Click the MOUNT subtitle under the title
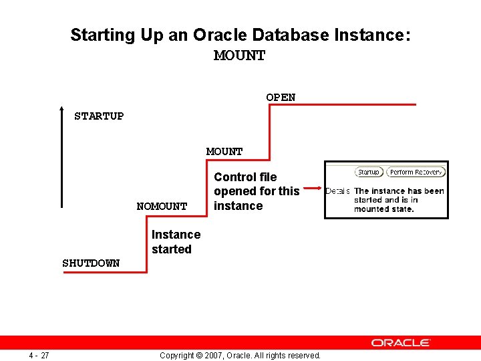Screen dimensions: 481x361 239,55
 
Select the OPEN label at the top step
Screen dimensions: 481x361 281,98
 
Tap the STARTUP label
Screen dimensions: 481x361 99,116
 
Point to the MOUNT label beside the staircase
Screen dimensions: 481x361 224,152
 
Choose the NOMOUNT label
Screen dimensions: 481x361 162,207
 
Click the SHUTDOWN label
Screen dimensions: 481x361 91,263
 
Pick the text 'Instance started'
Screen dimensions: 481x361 175,242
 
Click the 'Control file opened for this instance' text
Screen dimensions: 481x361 257,191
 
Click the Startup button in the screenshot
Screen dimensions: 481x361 368,172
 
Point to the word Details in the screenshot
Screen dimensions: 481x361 337,191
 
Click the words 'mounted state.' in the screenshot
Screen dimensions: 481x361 384,209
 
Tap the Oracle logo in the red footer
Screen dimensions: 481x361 401,343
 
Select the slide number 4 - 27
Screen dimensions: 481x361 39,355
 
